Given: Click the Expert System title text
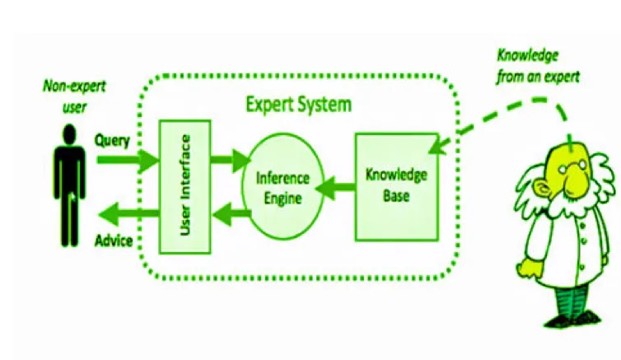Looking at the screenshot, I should coord(300,105).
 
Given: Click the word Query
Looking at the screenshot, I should coord(111,140).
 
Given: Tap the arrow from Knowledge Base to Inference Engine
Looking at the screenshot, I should coord(338,183).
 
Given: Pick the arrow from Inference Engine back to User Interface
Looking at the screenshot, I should coord(230,216).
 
